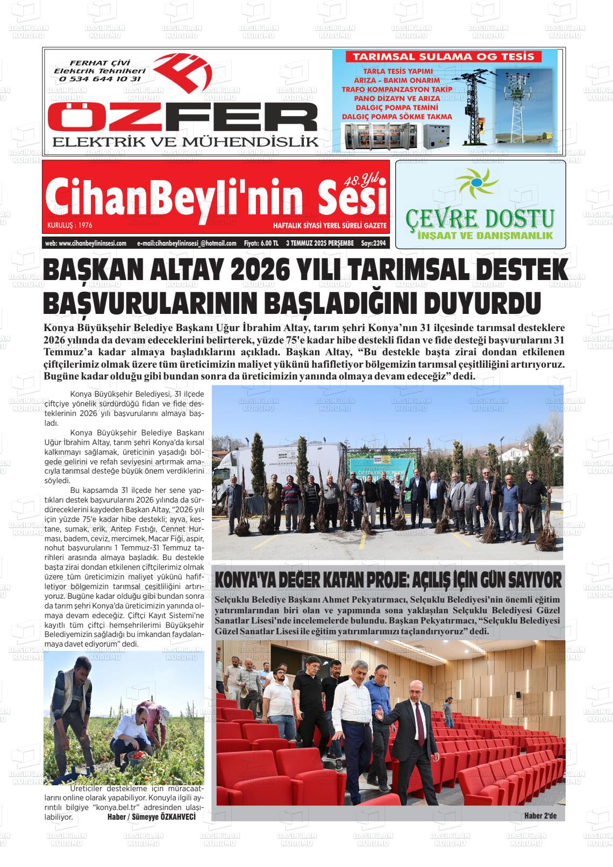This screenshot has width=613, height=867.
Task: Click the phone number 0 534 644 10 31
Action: point(101,78)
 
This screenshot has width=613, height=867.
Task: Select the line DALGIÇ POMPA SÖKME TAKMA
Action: point(396,116)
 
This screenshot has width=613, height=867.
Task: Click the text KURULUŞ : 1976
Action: point(69,226)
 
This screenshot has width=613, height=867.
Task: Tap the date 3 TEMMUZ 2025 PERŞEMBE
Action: point(319,243)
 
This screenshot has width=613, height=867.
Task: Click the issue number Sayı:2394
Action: point(374,243)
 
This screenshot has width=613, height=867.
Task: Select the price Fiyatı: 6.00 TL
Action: point(261,243)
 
